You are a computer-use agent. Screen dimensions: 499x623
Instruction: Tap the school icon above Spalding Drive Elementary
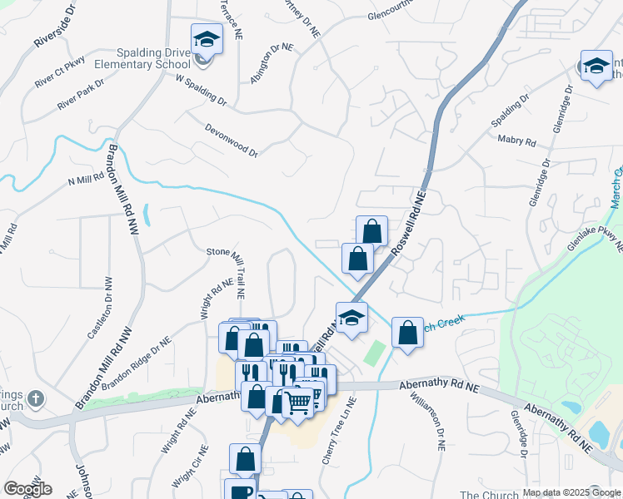pyautogui.click(x=206, y=39)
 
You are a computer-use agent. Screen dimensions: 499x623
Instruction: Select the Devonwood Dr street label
pyautogui.click(x=232, y=140)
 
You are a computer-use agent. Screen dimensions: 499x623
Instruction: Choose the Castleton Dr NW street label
pyautogui.click(x=99, y=307)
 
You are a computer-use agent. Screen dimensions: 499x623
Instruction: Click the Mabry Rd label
pyautogui.click(x=516, y=141)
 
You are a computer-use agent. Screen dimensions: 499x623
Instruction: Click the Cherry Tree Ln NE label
pyautogui.click(x=339, y=430)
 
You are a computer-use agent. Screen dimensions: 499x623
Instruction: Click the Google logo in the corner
pyautogui.click(x=27, y=489)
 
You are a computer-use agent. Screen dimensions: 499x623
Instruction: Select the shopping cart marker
pyautogui.click(x=297, y=402)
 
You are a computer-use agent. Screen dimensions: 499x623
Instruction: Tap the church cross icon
pyautogui.click(x=35, y=398)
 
